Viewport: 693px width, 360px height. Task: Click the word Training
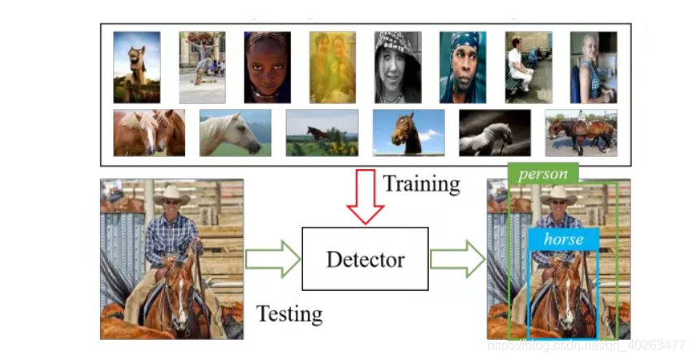tap(421, 184)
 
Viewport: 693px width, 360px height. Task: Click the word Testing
tap(289, 313)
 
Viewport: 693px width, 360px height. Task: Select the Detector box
tap(365, 259)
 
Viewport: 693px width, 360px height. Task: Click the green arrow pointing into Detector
tap(272, 259)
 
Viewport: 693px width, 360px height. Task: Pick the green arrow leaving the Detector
tap(457, 259)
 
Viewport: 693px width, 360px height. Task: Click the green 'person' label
tap(543, 174)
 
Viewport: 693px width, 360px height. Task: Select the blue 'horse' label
tap(563, 239)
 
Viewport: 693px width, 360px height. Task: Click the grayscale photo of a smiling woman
tap(397, 67)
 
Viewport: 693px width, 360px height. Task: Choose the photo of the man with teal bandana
tap(462, 67)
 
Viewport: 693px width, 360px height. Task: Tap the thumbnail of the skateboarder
tap(202, 67)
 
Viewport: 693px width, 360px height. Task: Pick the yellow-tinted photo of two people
tap(332, 67)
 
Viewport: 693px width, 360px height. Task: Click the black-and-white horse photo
tap(494, 132)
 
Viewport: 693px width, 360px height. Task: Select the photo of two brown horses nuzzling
tap(149, 132)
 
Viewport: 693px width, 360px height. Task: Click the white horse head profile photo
tap(235, 132)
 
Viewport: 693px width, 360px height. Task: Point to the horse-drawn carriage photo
tap(581, 132)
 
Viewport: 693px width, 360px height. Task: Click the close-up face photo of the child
tap(267, 67)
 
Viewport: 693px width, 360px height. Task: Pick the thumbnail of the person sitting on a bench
tap(528, 67)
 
